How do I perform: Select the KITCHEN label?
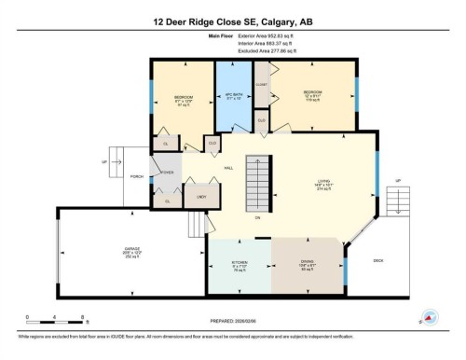pyautogui.click(x=239, y=263)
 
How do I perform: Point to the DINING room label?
pyautogui.click(x=307, y=263)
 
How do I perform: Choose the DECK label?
pyautogui.click(x=377, y=260)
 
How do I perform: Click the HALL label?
pyautogui.click(x=228, y=168)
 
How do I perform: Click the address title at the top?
pyautogui.click(x=232, y=21)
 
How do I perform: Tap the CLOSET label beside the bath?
pyautogui.click(x=262, y=82)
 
